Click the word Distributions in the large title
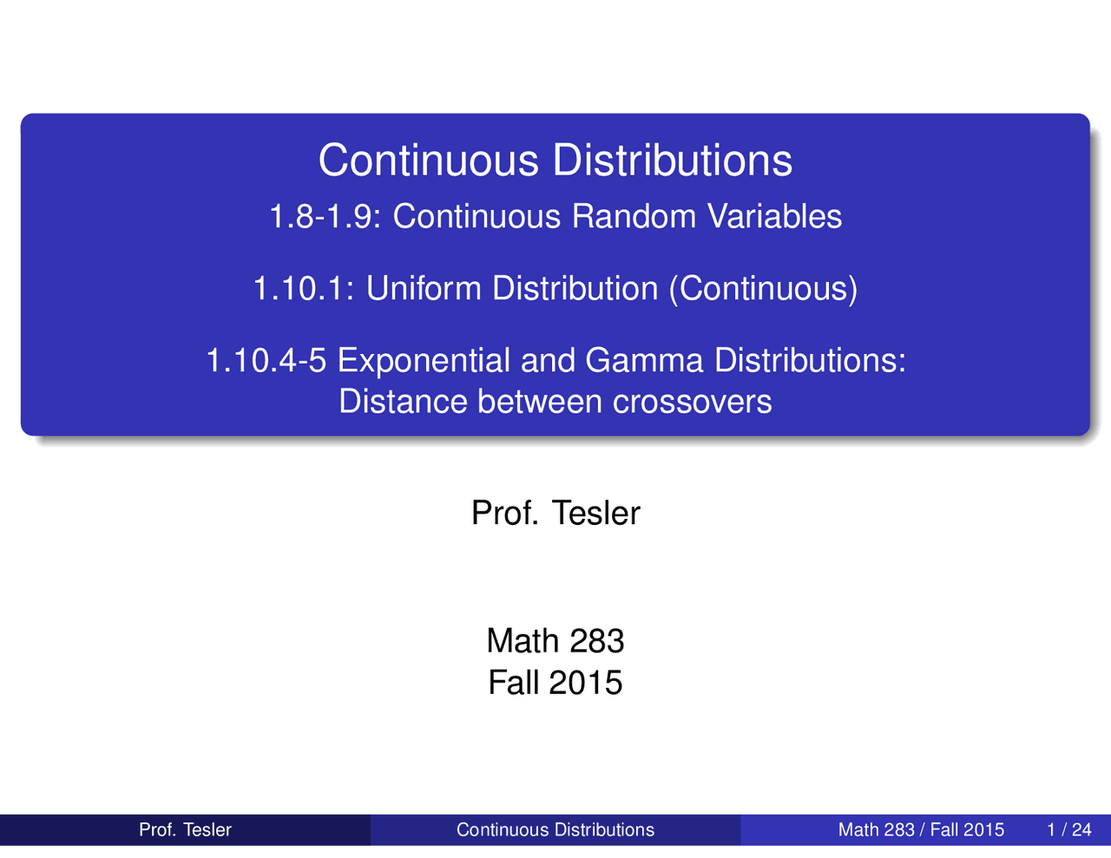point(673,160)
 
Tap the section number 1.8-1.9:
point(325,216)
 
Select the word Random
point(634,216)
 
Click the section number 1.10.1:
point(304,288)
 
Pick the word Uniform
point(424,288)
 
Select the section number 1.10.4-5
point(266,360)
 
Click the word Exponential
point(424,361)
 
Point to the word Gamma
point(644,360)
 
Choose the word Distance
point(403,401)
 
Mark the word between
point(539,401)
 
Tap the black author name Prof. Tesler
point(555,513)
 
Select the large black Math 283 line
point(555,640)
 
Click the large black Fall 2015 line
point(555,682)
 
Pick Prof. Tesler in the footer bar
point(185,829)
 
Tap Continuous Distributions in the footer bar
point(555,829)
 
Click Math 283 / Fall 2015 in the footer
point(921,829)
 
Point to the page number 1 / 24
point(1069,829)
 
